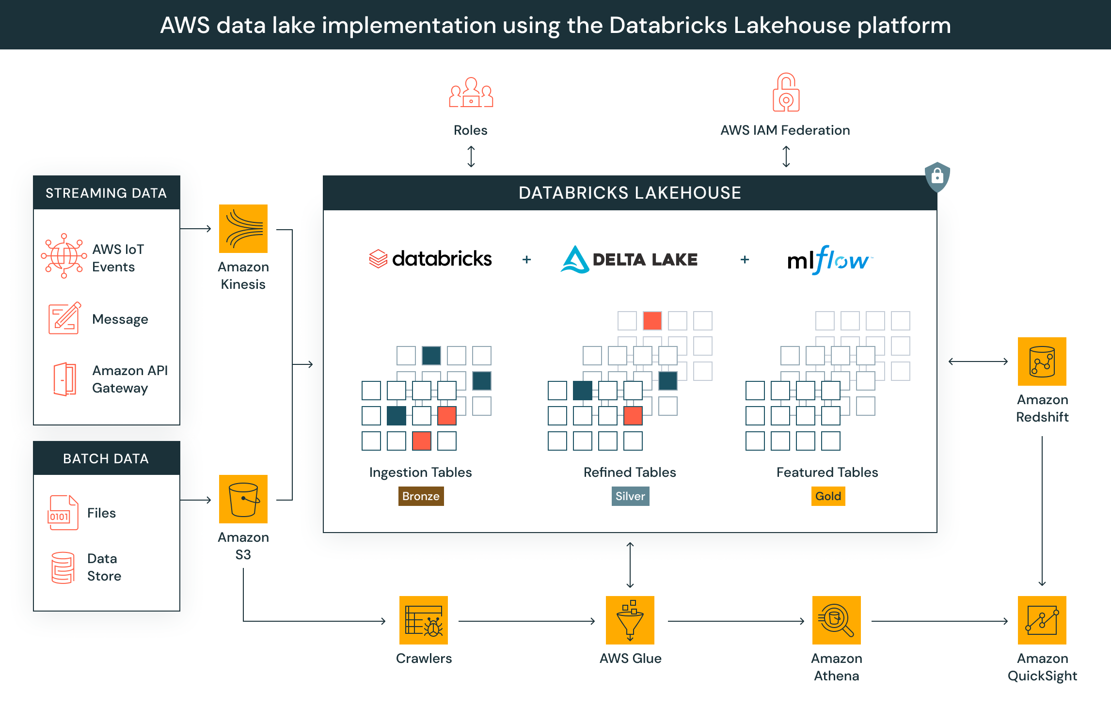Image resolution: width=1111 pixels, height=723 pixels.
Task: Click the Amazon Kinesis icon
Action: (243, 229)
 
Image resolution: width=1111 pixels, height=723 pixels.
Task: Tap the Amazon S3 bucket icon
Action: (243, 499)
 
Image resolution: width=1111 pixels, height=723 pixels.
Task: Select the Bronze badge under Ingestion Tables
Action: (421, 496)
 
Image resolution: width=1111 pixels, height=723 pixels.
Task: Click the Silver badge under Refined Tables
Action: (630, 496)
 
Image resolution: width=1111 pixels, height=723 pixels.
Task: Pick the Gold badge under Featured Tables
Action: (828, 496)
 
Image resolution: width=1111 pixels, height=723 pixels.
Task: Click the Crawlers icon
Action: (424, 620)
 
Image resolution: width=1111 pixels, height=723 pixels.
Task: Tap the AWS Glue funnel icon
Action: (630, 620)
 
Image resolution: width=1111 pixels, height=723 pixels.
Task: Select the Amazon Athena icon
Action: (837, 620)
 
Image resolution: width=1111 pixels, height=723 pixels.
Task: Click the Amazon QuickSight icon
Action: (1042, 620)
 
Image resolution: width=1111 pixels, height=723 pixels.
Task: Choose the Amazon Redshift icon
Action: (1042, 361)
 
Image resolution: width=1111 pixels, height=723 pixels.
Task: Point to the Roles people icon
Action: (471, 93)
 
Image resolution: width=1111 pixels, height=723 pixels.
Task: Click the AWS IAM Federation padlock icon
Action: (786, 93)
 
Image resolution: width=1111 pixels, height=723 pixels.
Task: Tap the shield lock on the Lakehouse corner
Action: (937, 176)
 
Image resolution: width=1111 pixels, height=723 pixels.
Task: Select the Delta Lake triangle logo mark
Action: (575, 260)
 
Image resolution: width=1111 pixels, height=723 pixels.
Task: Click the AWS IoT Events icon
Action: (64, 256)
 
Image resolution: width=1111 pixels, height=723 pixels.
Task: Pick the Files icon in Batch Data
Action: (63, 513)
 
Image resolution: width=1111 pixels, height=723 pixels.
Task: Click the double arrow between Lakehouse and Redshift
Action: (978, 361)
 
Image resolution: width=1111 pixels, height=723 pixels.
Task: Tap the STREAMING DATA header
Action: (106, 193)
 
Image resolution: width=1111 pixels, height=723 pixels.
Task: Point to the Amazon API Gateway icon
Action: (64, 379)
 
